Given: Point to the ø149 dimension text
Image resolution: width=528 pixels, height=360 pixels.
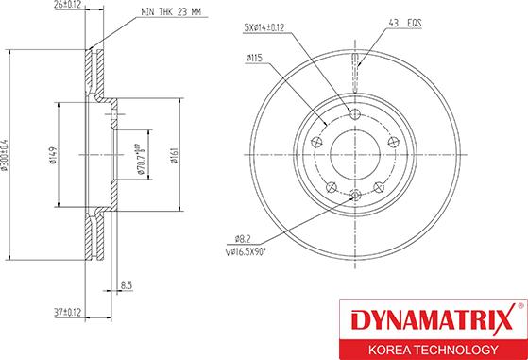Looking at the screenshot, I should pyautogui.click(x=55, y=153).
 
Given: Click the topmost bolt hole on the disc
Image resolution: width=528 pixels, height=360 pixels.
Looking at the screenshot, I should pyautogui.click(x=356, y=114).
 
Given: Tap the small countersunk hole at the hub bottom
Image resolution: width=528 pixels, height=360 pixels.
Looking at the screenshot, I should pyautogui.click(x=356, y=196).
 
